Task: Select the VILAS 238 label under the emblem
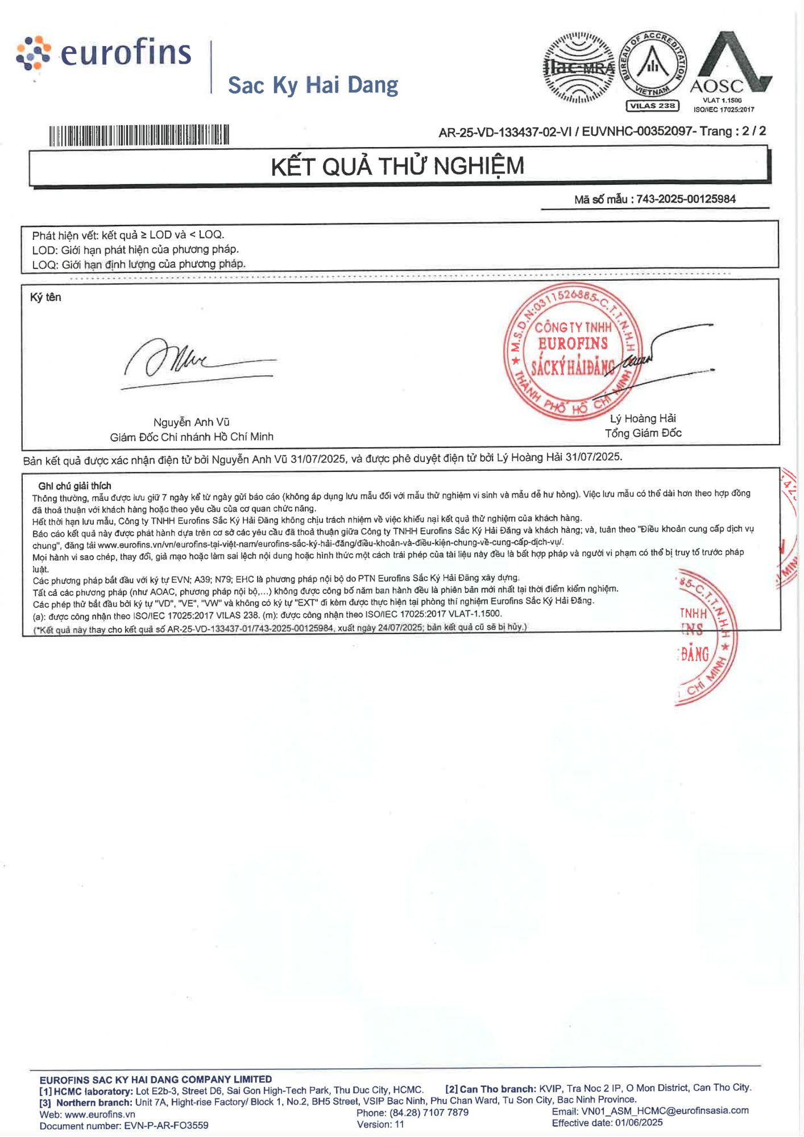pyautogui.click(x=652, y=106)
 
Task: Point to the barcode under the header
pyautogui.click(x=139, y=135)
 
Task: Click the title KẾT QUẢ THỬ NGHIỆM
pyautogui.click(x=397, y=167)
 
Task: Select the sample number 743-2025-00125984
pyautogui.click(x=686, y=199)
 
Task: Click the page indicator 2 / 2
pyautogui.click(x=754, y=131)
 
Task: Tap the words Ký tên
pyautogui.click(x=45, y=297)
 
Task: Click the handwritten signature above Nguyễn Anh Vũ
pyautogui.click(x=193, y=361)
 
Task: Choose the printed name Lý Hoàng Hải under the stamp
pyautogui.click(x=643, y=419)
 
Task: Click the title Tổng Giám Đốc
pyautogui.click(x=643, y=433)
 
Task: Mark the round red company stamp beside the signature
pyautogui.click(x=573, y=351)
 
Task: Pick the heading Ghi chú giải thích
pyautogui.click(x=74, y=486)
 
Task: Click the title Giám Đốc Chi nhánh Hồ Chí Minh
pyautogui.click(x=192, y=437)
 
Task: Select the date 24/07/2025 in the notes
pyautogui.click(x=400, y=627)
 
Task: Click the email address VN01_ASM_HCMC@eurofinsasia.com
pyautogui.click(x=665, y=1110)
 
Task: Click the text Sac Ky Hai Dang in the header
pyautogui.click(x=313, y=85)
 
